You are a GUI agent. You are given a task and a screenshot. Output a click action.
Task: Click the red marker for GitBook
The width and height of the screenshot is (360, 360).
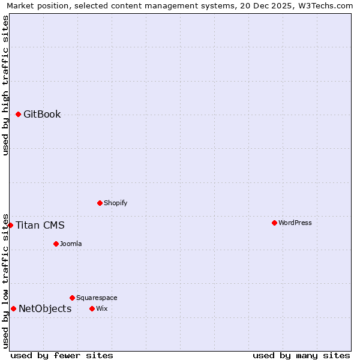pos(18,114)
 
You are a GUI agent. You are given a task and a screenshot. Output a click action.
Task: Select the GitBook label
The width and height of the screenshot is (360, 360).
pos(42,115)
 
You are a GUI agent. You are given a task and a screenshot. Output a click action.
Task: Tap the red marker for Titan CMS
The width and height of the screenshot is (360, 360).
pos(10,225)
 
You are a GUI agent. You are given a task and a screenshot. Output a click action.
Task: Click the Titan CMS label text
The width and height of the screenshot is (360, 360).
pos(40,226)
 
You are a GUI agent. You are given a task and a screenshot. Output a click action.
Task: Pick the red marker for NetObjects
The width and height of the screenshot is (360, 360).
pos(13,308)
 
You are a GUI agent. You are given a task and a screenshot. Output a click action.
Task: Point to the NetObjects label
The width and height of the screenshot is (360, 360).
pos(45,309)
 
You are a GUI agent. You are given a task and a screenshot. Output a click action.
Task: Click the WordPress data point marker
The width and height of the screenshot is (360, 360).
pos(274,223)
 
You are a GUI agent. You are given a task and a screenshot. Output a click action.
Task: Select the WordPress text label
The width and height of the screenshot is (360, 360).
pos(295,223)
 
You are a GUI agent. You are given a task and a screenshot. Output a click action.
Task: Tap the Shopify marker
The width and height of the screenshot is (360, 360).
pos(100,203)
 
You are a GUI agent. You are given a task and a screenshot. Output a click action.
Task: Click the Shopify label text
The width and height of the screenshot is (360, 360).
pos(116,203)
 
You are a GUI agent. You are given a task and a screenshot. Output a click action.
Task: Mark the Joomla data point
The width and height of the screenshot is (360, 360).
pos(56,244)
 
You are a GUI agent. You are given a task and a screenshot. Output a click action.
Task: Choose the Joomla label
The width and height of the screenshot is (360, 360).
pos(71,244)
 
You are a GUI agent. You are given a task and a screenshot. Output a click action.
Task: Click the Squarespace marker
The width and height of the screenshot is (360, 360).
pos(72,298)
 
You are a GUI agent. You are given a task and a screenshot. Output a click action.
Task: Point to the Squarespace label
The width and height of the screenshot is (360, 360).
pos(97,298)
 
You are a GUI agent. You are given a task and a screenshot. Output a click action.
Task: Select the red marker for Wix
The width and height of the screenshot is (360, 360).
pos(92,308)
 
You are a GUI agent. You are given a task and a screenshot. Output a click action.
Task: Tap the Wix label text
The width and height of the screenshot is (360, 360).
pos(101,309)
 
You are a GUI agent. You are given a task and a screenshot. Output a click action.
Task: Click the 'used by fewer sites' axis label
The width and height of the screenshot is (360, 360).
pos(62,355)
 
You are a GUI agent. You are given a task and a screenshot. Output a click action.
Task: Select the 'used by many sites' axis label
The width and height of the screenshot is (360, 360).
pos(301,355)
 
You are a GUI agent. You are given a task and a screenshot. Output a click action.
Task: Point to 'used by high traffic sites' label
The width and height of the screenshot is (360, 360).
pos(6,85)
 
